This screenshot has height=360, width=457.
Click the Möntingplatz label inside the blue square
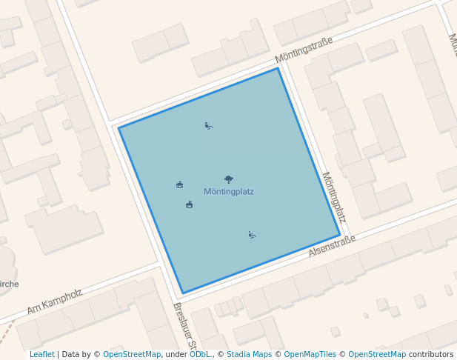tap(228, 192)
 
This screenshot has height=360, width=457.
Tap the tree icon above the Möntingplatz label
tap(229, 179)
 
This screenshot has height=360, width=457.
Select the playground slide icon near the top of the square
tap(209, 126)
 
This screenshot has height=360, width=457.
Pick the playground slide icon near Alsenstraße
tap(253, 235)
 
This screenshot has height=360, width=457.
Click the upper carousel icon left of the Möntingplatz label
tap(180, 184)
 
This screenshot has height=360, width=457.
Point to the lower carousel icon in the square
tap(190, 204)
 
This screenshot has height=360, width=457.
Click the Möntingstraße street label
tap(304, 50)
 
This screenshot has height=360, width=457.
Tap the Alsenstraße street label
tap(332, 246)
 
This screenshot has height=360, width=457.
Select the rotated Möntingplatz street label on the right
tap(334, 197)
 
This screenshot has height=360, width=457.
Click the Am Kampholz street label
tap(54, 301)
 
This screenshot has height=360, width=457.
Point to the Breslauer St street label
tap(184, 326)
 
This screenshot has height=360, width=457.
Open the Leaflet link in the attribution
tap(41, 355)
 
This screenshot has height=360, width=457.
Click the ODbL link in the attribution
tap(200, 355)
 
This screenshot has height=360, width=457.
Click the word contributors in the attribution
tap(431, 355)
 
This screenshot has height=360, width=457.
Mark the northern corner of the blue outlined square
tap(278, 69)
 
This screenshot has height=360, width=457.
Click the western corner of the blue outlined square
tap(119, 127)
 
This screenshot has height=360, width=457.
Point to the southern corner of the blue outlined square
tap(182, 293)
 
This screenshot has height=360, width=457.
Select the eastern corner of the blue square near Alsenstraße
tap(340, 235)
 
